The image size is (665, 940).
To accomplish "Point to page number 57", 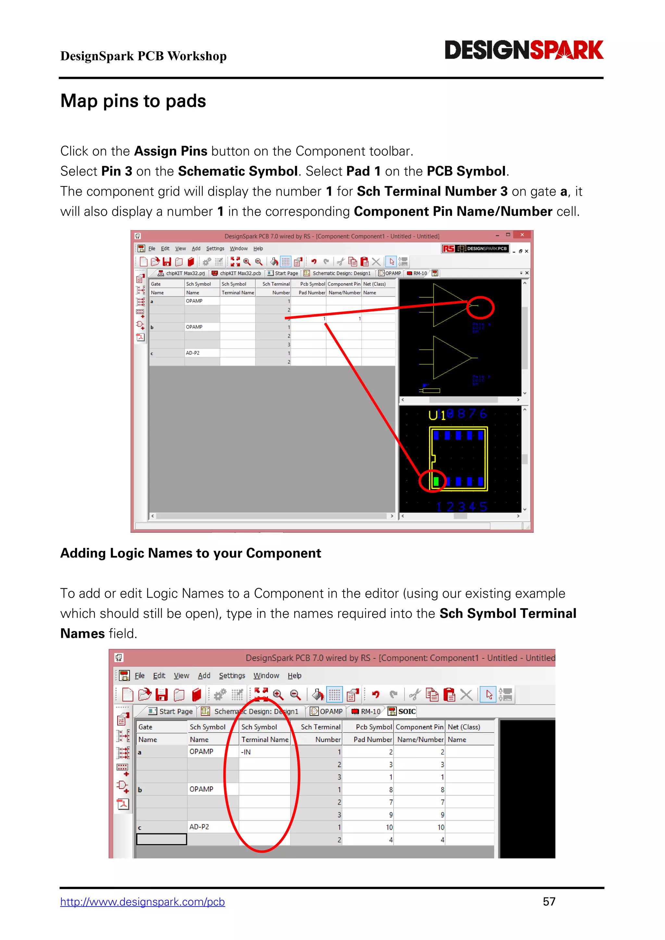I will [549, 901].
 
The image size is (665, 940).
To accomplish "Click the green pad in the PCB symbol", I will [436, 481].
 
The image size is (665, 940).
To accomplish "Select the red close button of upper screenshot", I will [522, 235].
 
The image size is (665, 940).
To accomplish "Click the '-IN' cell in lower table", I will [264, 752].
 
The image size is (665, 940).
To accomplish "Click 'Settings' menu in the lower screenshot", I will [232, 675].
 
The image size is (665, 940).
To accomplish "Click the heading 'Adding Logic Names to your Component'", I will [190, 553].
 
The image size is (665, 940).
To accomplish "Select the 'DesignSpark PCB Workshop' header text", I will [143, 56].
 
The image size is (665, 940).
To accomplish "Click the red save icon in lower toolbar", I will [161, 695].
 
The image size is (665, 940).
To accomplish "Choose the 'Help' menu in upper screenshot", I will [258, 249].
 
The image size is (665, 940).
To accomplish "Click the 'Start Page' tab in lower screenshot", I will [171, 711].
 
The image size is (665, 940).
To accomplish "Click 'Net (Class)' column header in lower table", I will [464, 727].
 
